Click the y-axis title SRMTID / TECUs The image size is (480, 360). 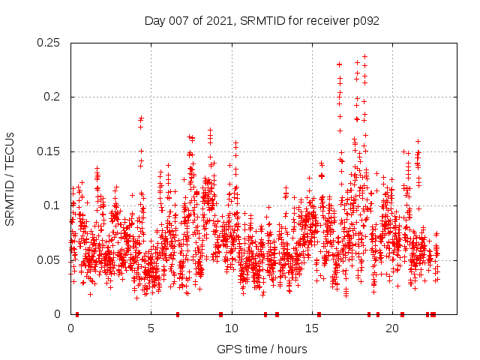coord(10,178)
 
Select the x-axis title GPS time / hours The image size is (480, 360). coord(262,349)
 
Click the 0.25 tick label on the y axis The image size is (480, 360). coord(50,43)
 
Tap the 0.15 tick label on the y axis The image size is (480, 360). coord(50,151)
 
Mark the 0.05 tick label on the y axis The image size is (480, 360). coord(50,260)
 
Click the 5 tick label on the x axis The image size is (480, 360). coord(151,328)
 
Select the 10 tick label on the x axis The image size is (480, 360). coord(232,328)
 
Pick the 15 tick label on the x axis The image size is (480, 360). coord(312,328)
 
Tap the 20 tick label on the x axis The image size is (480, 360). coord(392,328)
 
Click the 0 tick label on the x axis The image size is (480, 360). coord(70,328)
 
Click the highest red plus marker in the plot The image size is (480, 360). coord(365,55)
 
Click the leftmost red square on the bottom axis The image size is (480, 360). coord(77,314)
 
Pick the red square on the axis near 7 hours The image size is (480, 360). coord(178,314)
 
